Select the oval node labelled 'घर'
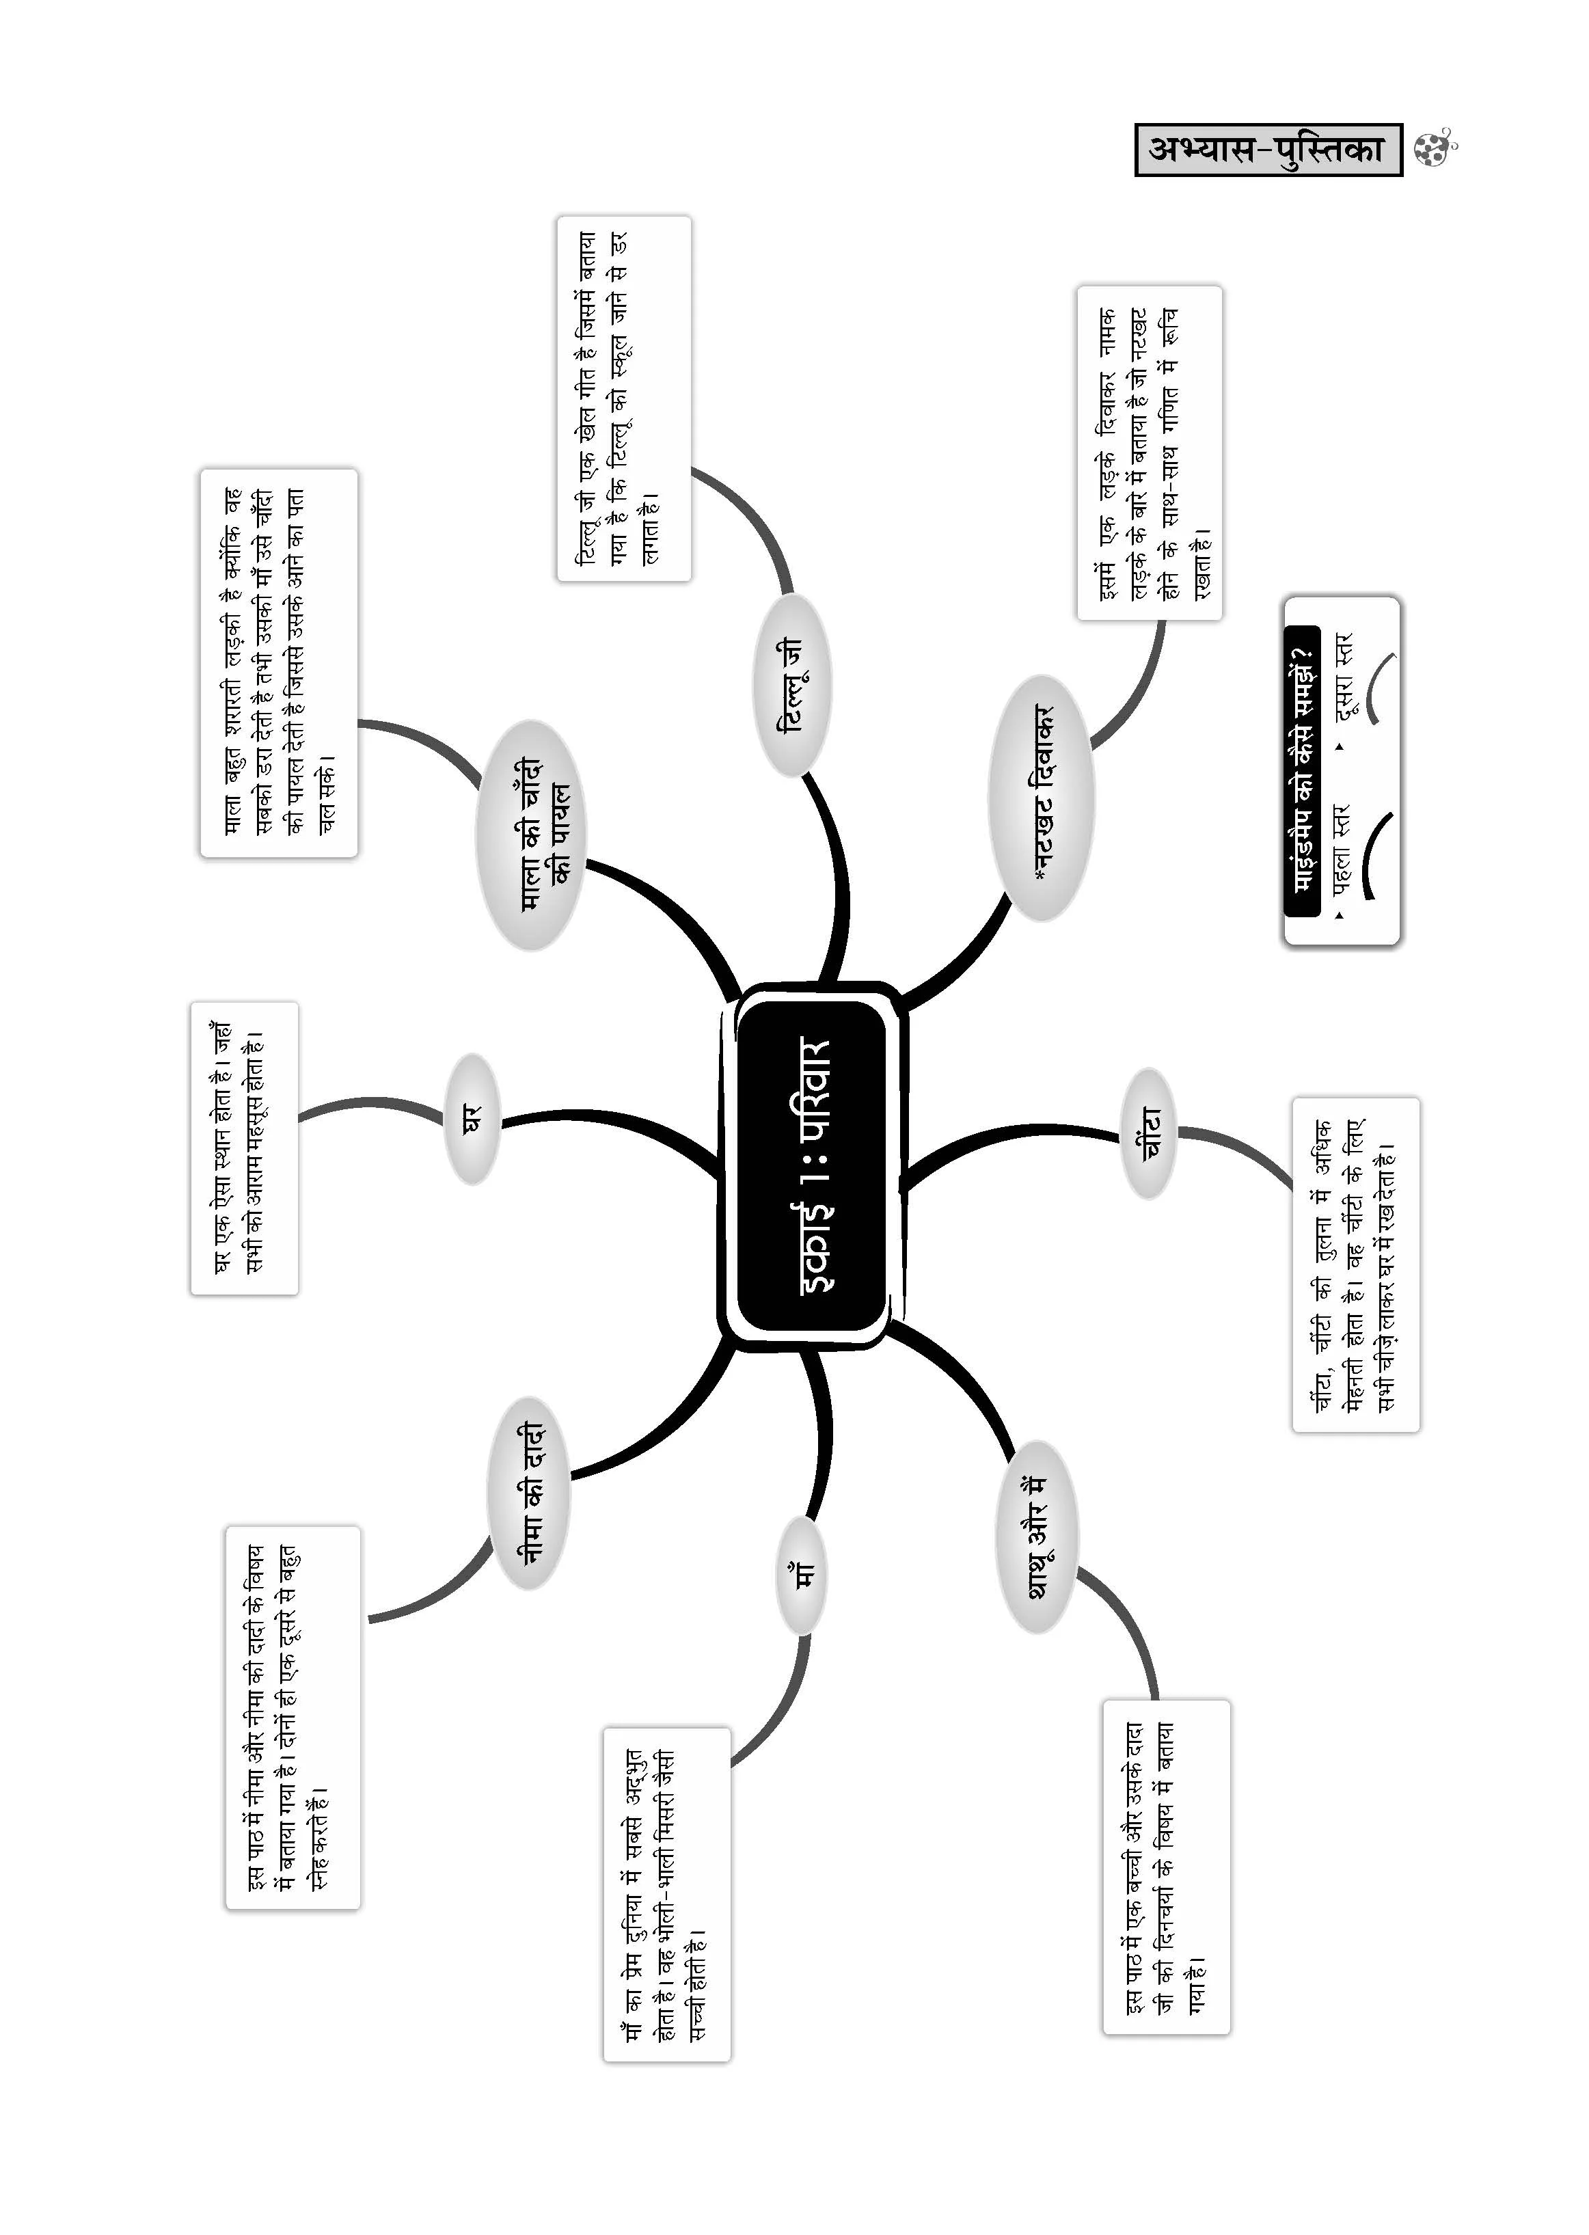(472, 1118)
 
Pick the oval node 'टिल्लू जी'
(791, 685)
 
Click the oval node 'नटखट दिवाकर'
(1041, 798)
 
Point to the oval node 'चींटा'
(1149, 1134)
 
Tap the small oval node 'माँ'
(802, 1575)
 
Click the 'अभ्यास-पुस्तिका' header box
(1268, 150)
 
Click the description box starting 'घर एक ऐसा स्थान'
(243, 1148)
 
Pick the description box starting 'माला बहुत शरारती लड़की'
(279, 664)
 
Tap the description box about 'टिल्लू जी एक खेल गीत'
(624, 399)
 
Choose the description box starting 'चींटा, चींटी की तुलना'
(1355, 1265)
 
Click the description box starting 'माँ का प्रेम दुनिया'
(666, 1895)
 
